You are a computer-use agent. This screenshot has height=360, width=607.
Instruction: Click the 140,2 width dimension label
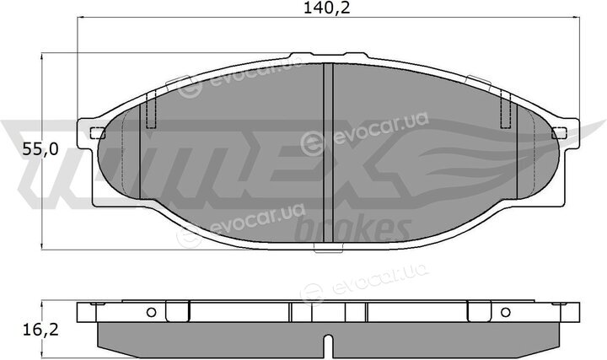[327, 8]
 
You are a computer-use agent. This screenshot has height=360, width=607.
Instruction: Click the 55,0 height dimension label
[40, 149]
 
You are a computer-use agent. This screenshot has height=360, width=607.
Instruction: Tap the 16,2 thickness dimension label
[40, 330]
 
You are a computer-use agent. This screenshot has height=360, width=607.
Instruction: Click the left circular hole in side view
[152, 312]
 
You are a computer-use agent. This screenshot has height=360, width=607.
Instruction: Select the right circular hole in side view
[506, 312]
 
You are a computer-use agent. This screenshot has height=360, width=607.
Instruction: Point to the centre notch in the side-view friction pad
[328, 346]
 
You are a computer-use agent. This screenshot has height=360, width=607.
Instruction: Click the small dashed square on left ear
[98, 133]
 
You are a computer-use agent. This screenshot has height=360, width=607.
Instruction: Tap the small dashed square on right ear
[560, 133]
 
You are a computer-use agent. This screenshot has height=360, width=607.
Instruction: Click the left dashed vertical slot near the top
[151, 109]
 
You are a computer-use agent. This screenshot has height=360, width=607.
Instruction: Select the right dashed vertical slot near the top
[506, 109]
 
